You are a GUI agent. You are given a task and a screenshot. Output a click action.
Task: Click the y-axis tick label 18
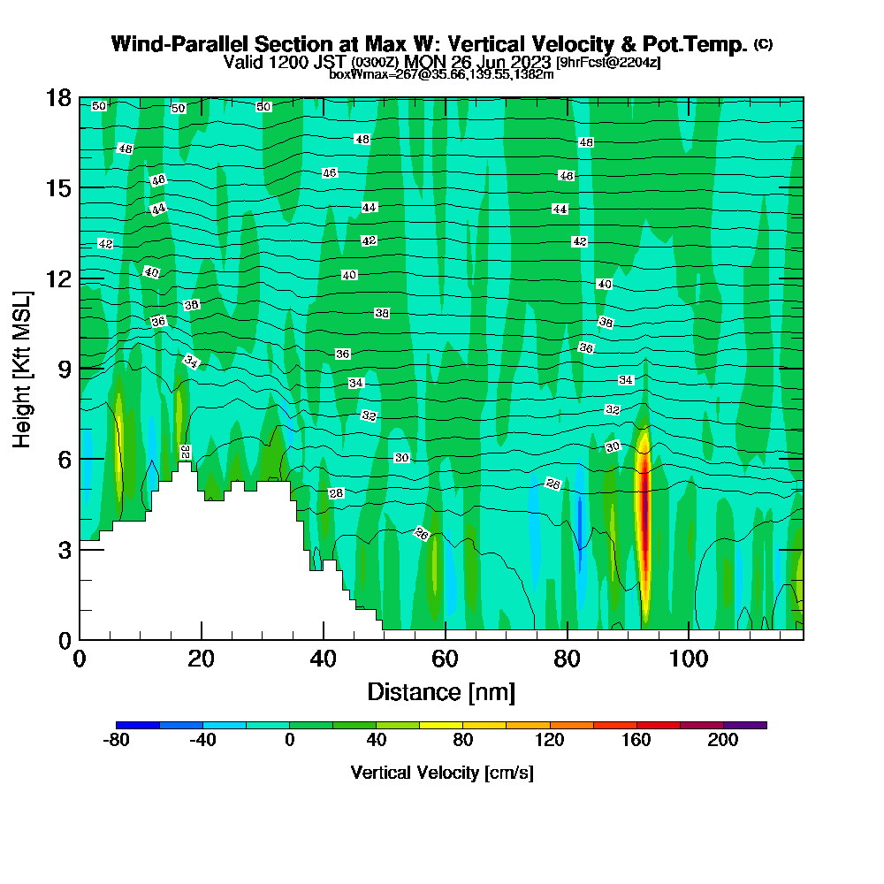[58, 98]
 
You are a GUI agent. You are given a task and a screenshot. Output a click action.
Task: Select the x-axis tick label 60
[445, 659]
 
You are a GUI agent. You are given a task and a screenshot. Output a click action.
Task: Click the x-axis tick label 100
[689, 659]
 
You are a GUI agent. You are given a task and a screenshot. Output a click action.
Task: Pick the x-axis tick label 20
[202, 659]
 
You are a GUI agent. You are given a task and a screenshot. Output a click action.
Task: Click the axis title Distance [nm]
[441, 691]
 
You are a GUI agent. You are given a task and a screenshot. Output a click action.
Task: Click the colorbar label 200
[723, 742]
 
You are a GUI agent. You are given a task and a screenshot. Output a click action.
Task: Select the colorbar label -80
[117, 742]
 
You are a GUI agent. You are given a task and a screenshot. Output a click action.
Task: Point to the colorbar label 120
[550, 742]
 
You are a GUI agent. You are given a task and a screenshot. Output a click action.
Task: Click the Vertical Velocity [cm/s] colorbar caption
[441, 773]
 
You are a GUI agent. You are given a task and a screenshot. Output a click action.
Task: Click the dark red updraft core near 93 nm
[644, 513]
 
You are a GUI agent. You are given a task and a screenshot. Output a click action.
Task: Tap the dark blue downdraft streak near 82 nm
[580, 522]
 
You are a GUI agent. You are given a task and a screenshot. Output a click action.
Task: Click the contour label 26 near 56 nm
[423, 533]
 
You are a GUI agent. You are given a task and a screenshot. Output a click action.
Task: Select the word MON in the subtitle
[424, 63]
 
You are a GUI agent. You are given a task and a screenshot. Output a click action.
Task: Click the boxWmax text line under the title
[441, 74]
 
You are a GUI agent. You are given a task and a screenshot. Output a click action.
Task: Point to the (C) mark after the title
[763, 44]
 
